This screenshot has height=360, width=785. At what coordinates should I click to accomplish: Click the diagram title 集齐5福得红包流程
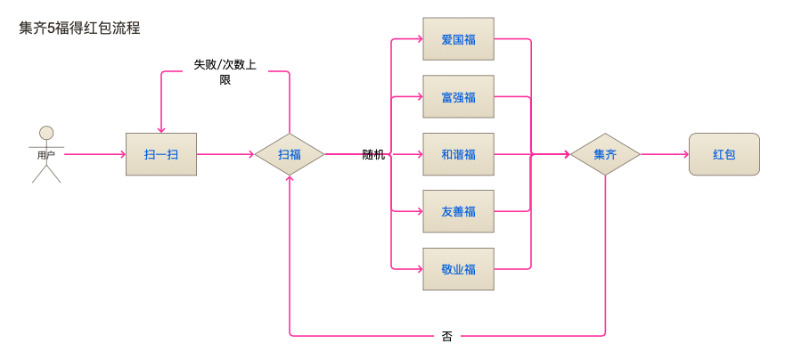pos(79,28)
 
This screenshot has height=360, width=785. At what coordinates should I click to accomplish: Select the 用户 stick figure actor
pos(46,154)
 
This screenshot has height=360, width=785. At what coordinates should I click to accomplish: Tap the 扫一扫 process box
pos(160,154)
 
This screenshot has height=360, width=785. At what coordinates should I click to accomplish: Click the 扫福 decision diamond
pos(290,154)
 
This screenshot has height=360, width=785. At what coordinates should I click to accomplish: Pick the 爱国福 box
pos(458,39)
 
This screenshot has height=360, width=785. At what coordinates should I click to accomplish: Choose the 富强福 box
pos(458,97)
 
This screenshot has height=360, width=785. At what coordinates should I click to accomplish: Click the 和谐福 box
pos(458,154)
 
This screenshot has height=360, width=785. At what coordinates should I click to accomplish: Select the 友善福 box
pos(458,211)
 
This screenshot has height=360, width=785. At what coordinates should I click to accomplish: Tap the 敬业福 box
pos(458,269)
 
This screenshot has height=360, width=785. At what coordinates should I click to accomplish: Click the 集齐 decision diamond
pos(605,154)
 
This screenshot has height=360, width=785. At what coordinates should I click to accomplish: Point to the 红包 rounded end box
pos(724,154)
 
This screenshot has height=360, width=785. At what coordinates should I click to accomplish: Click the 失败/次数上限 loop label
pos(225,71)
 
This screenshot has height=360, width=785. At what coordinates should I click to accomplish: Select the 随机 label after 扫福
pos(373,154)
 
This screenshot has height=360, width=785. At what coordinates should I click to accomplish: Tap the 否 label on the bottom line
pos(447,336)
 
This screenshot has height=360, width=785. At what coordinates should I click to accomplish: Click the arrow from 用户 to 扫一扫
pos(94,154)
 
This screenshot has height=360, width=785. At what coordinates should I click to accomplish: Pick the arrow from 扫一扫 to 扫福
pos(225,154)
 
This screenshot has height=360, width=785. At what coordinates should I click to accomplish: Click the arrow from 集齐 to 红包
pos(664,154)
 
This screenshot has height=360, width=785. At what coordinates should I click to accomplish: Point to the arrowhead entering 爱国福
pos(419,39)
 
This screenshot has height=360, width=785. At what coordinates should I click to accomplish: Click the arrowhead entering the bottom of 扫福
pos(290,179)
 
